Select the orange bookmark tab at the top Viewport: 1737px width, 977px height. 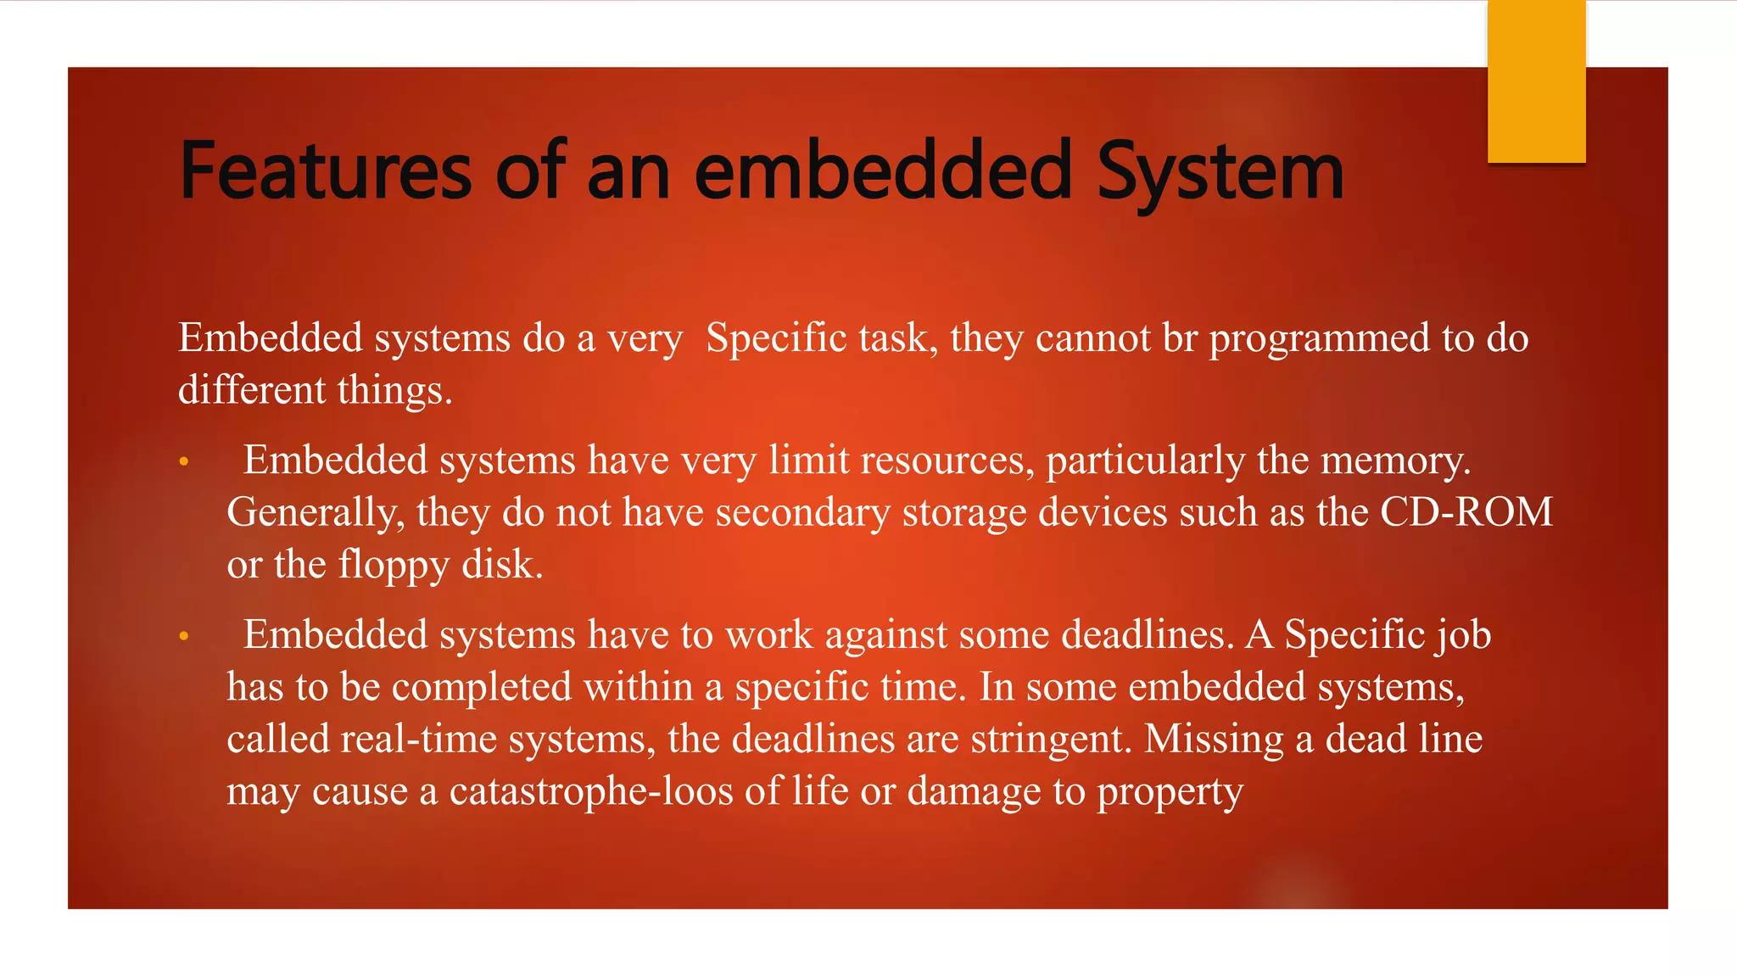1536,81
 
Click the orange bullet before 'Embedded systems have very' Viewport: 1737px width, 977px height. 184,463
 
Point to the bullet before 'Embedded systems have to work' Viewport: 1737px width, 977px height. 184,637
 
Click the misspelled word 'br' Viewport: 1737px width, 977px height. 1180,338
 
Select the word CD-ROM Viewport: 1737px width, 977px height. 1466,512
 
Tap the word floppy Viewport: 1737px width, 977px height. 394,565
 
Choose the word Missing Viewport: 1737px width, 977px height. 1214,740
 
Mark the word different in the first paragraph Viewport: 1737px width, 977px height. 252,390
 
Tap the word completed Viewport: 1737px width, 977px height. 482,688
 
